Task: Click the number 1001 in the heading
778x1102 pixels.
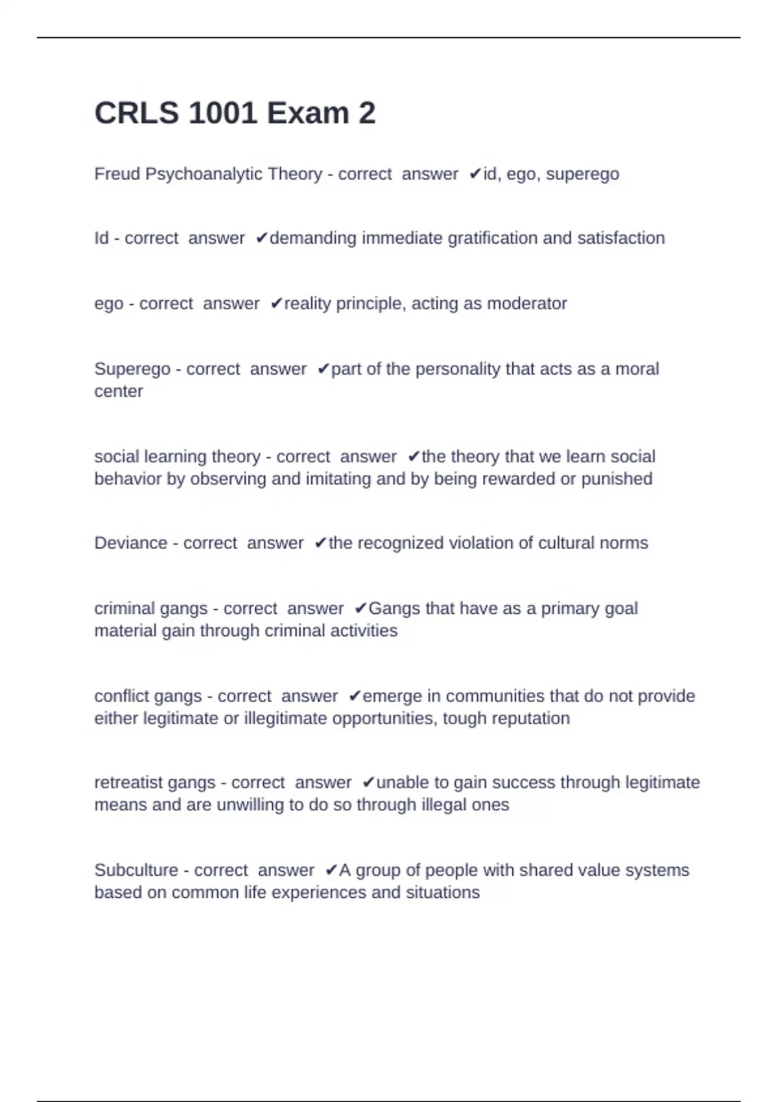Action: pos(221,113)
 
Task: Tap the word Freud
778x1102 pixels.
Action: pos(117,174)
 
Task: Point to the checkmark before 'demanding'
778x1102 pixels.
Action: pos(261,239)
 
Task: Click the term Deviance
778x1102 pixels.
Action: pos(130,543)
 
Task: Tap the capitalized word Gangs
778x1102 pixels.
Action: pos(394,608)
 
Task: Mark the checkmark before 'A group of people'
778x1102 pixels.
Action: pos(331,870)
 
